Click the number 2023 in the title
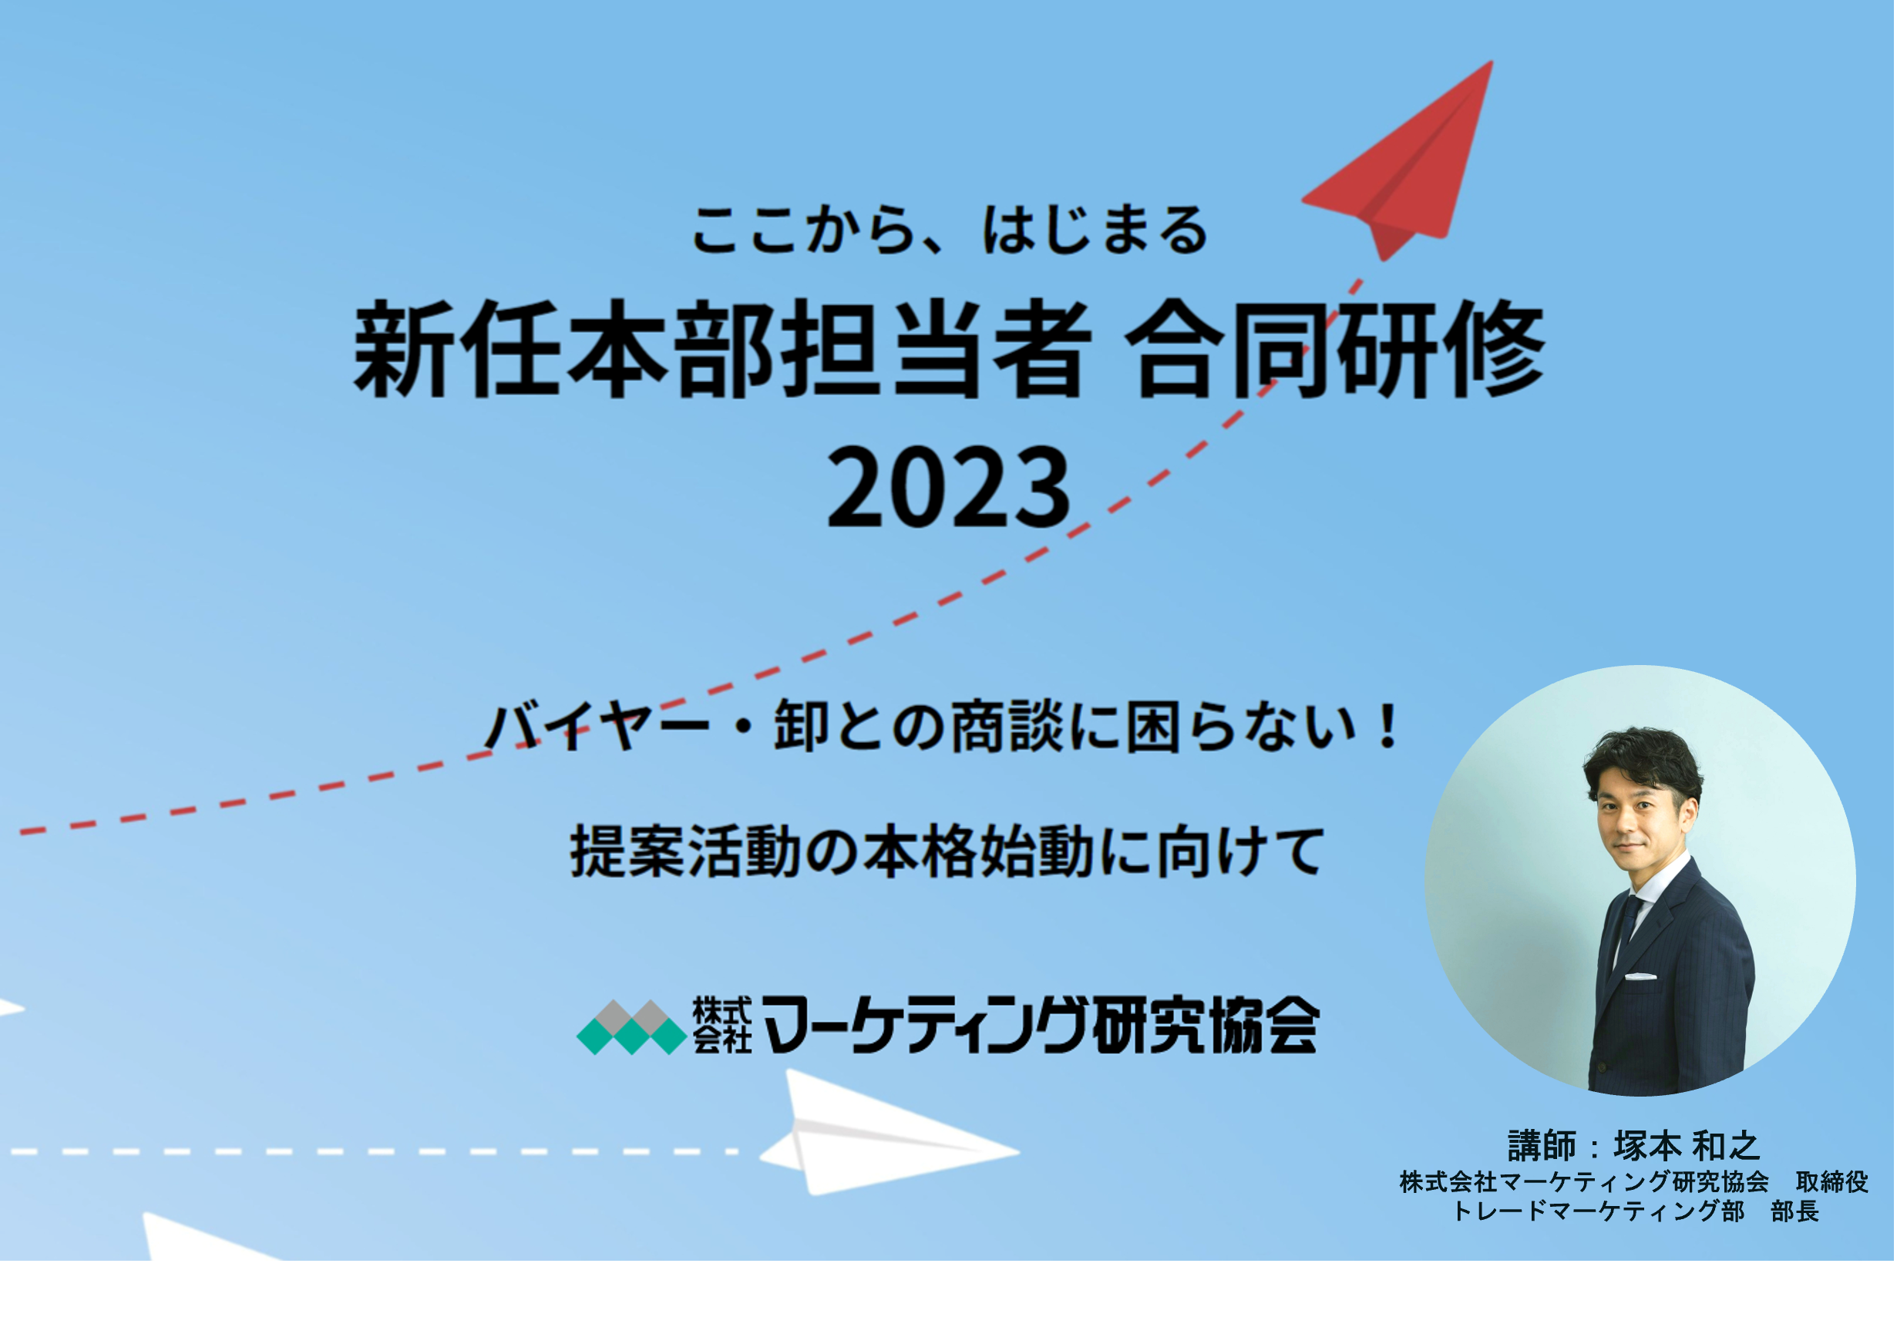coord(950,488)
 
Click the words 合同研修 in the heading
coord(1334,349)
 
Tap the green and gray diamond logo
coord(631,1026)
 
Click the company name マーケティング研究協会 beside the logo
coord(1040,1026)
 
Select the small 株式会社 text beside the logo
coord(721,1025)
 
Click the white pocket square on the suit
coord(1640,976)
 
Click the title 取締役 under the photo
coord(1831,1181)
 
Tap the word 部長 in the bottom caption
coord(1794,1211)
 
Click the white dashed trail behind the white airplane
coord(372,1151)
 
